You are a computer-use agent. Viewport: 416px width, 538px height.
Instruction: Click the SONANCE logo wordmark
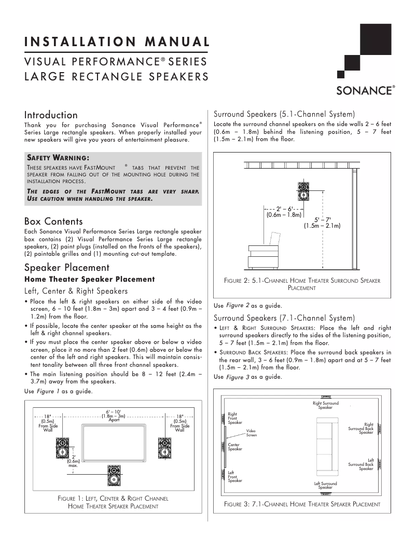coord(365,91)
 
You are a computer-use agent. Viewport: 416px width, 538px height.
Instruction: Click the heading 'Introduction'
coord(51,115)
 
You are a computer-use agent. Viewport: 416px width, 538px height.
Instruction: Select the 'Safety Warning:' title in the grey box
coord(58,157)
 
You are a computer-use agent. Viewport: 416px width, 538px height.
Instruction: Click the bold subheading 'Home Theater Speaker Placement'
coord(90,279)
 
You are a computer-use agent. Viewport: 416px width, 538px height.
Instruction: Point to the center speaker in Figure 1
coord(115,474)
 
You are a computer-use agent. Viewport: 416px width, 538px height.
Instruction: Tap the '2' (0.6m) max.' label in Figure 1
coord(73,461)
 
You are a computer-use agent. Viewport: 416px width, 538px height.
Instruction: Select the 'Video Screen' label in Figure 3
coord(251,433)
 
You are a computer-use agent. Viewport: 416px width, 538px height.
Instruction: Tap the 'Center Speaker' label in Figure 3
coord(235,447)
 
